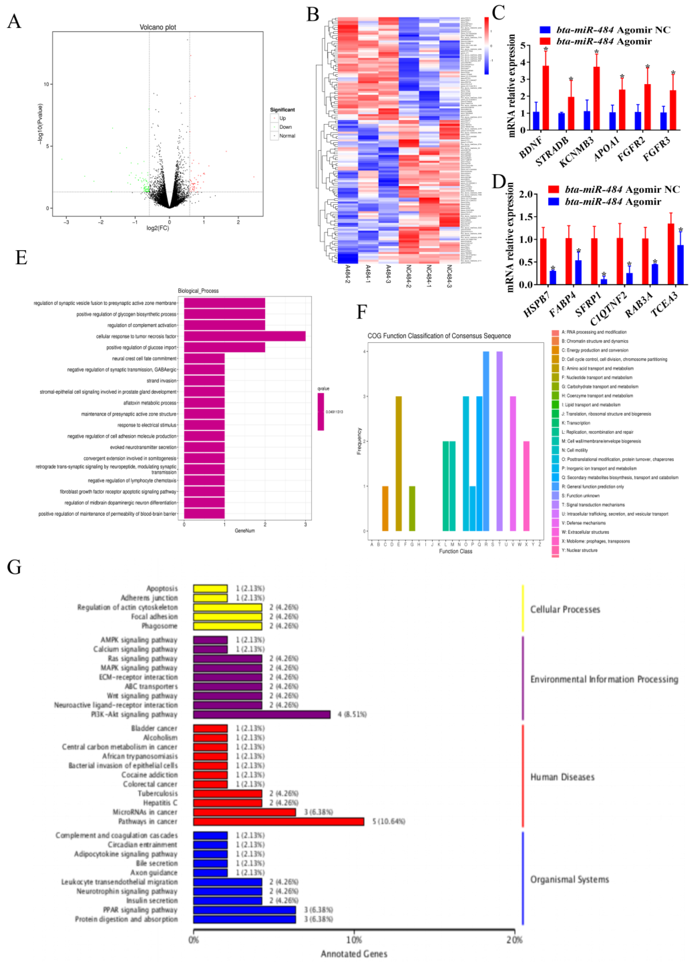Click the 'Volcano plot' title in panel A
158,27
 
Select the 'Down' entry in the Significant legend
285,127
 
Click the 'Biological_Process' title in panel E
198,291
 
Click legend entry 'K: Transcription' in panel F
578,423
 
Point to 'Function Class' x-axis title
455,551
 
